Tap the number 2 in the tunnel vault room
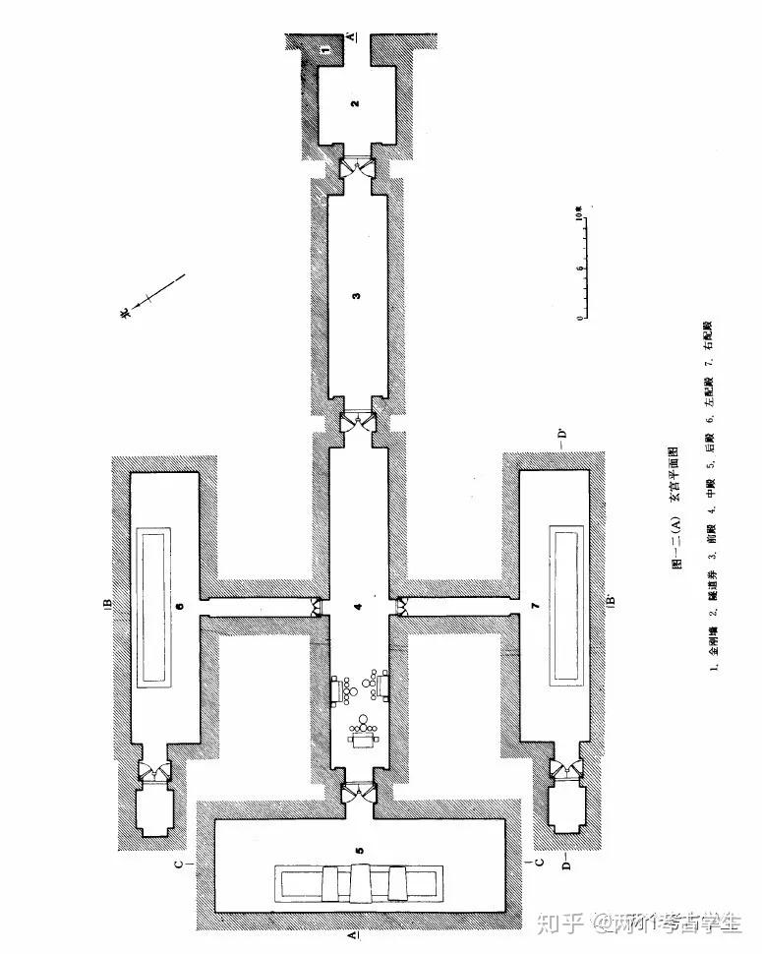pyautogui.click(x=356, y=103)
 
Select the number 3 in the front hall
pyautogui.click(x=357, y=294)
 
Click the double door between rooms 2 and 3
pyautogui.click(x=356, y=169)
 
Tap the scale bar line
pyautogui.click(x=584, y=266)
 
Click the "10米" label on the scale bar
pyautogui.click(x=581, y=212)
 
